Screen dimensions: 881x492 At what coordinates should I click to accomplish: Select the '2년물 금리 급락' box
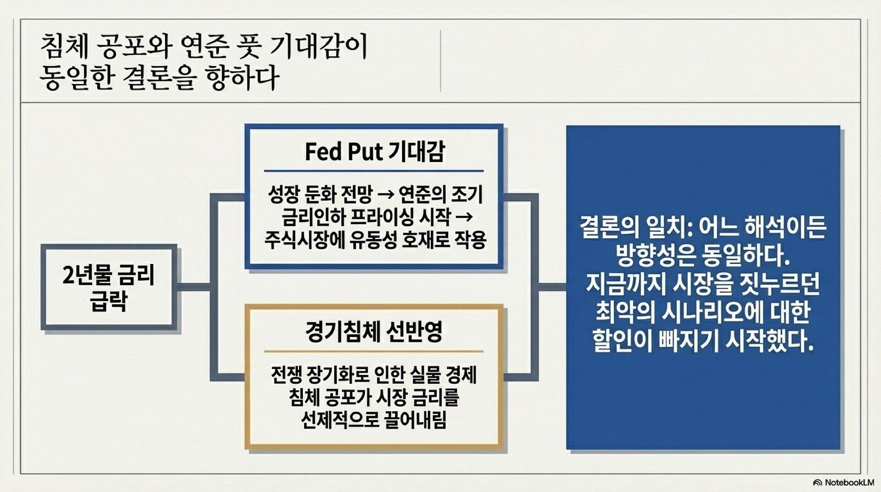click(x=109, y=287)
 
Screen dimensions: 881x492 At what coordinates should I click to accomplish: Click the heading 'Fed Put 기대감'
click(x=374, y=151)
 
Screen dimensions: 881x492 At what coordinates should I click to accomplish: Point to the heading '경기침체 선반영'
click(x=374, y=332)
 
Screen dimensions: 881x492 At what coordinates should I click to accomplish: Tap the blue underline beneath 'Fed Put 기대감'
click(x=374, y=171)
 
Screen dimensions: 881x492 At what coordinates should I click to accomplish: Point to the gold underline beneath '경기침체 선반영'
click(x=374, y=351)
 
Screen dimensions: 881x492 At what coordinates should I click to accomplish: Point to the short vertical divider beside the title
click(x=440, y=61)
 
